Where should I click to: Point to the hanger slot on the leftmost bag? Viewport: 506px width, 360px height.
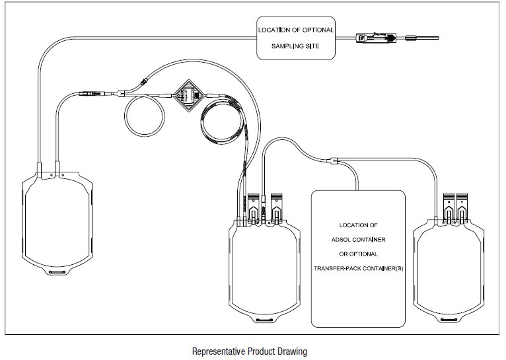[x=55, y=271]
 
